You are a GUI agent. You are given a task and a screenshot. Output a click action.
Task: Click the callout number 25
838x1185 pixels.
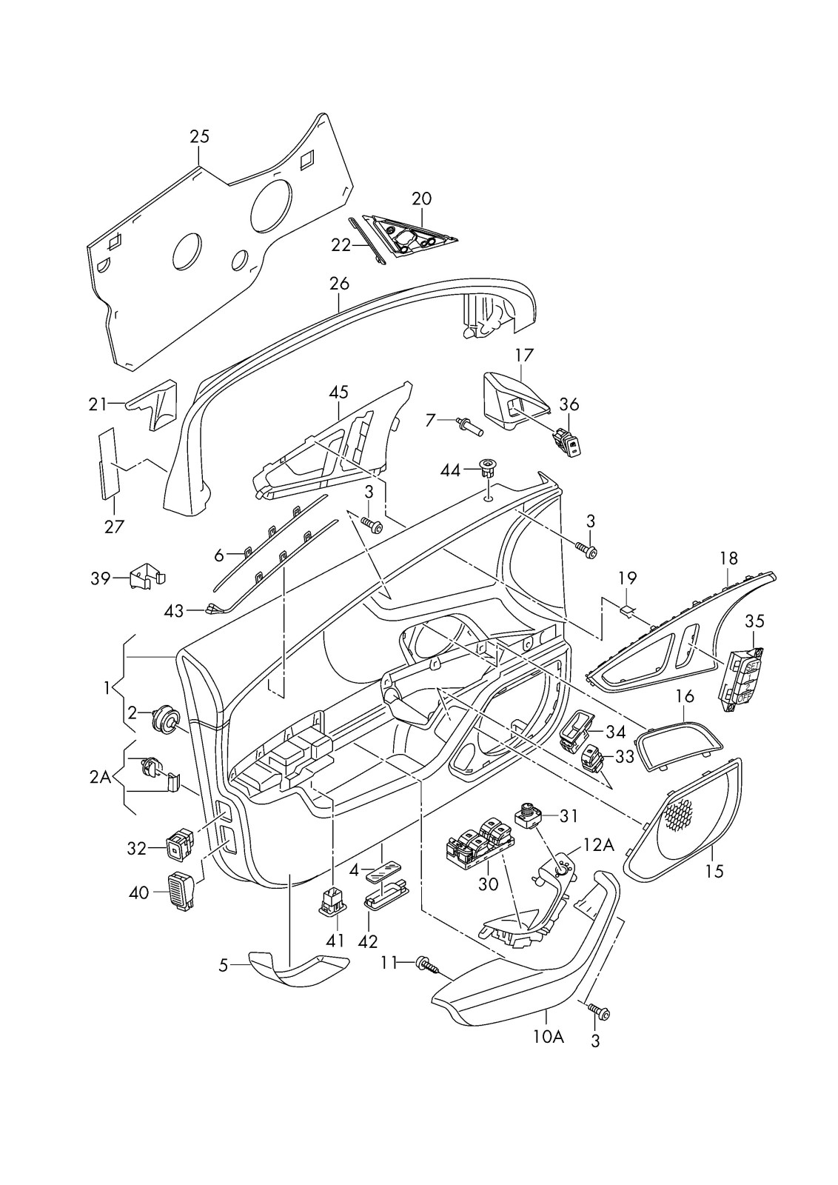(199, 136)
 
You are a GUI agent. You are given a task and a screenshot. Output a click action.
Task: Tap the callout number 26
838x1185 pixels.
(338, 283)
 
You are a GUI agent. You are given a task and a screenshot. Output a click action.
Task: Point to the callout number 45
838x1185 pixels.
(338, 392)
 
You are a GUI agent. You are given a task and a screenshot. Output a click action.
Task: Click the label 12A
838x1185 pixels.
(598, 845)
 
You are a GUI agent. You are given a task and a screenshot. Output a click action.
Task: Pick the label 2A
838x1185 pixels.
(100, 776)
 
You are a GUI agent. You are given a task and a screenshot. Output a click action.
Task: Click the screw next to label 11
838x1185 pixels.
(427, 964)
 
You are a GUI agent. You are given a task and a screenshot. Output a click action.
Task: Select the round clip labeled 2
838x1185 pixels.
(164, 718)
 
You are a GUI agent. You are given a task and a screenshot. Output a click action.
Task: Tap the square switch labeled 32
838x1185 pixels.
(180, 845)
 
